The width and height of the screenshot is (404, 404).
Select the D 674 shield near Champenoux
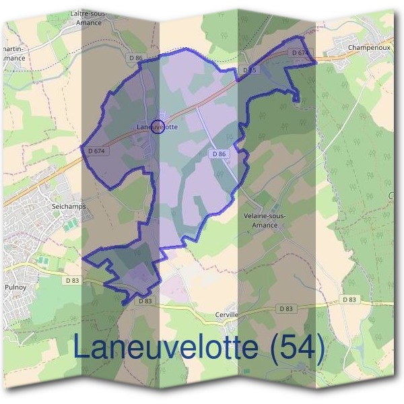click(300, 53)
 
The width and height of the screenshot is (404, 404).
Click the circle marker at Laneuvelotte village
click(158, 126)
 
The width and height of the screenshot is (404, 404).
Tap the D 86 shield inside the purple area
click(218, 154)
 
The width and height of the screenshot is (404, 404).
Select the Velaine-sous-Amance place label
click(263, 220)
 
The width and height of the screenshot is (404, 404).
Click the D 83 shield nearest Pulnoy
click(73, 279)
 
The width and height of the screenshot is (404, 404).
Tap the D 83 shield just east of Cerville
click(285, 308)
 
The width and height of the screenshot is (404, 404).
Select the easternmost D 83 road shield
click(349, 299)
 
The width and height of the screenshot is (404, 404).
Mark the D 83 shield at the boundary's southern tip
click(146, 301)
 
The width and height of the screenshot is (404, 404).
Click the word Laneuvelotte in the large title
click(166, 348)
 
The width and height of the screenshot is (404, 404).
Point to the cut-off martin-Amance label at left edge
click(13, 54)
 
